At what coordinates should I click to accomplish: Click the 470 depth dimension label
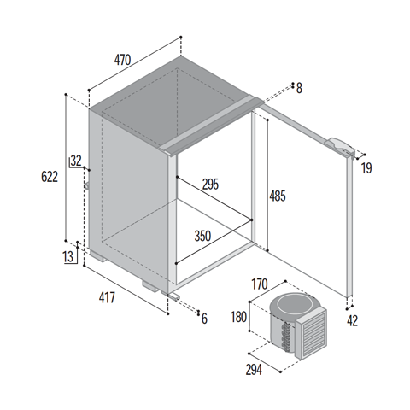[122, 60]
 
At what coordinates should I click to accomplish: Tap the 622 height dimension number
[50, 177]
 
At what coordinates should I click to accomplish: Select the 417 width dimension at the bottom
[107, 298]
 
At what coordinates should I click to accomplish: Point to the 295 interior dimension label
[210, 184]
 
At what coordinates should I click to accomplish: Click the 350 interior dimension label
[202, 236]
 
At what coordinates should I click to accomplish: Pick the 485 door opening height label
[278, 196]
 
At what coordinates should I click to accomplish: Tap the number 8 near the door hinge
[299, 88]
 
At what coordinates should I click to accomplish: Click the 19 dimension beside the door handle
[366, 168]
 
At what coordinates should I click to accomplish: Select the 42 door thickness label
[352, 321]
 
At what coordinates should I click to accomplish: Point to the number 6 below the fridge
[204, 319]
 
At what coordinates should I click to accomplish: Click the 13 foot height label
[68, 257]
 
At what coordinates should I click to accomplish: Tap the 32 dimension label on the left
[76, 161]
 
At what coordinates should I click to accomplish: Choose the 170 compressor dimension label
[260, 284]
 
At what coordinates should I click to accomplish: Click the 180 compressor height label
[238, 317]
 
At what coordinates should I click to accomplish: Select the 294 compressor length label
[254, 370]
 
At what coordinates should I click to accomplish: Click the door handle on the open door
[341, 147]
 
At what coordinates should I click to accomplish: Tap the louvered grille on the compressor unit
[314, 333]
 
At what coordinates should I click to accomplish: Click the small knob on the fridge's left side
[86, 185]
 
